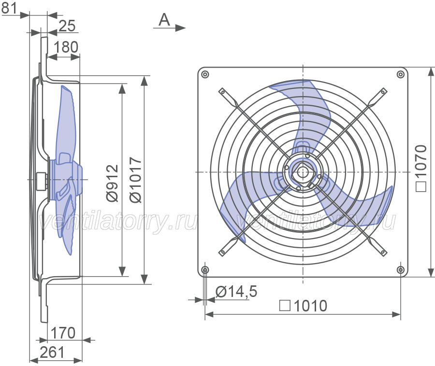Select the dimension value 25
click(x=67, y=26)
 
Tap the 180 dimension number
click(x=66, y=47)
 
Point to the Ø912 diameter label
click(x=113, y=183)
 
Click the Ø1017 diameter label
click(x=136, y=180)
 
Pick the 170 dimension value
click(x=63, y=333)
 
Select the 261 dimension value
click(x=52, y=352)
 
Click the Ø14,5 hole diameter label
click(x=236, y=292)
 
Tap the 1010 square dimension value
click(x=310, y=306)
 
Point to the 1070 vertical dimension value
click(x=421, y=161)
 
